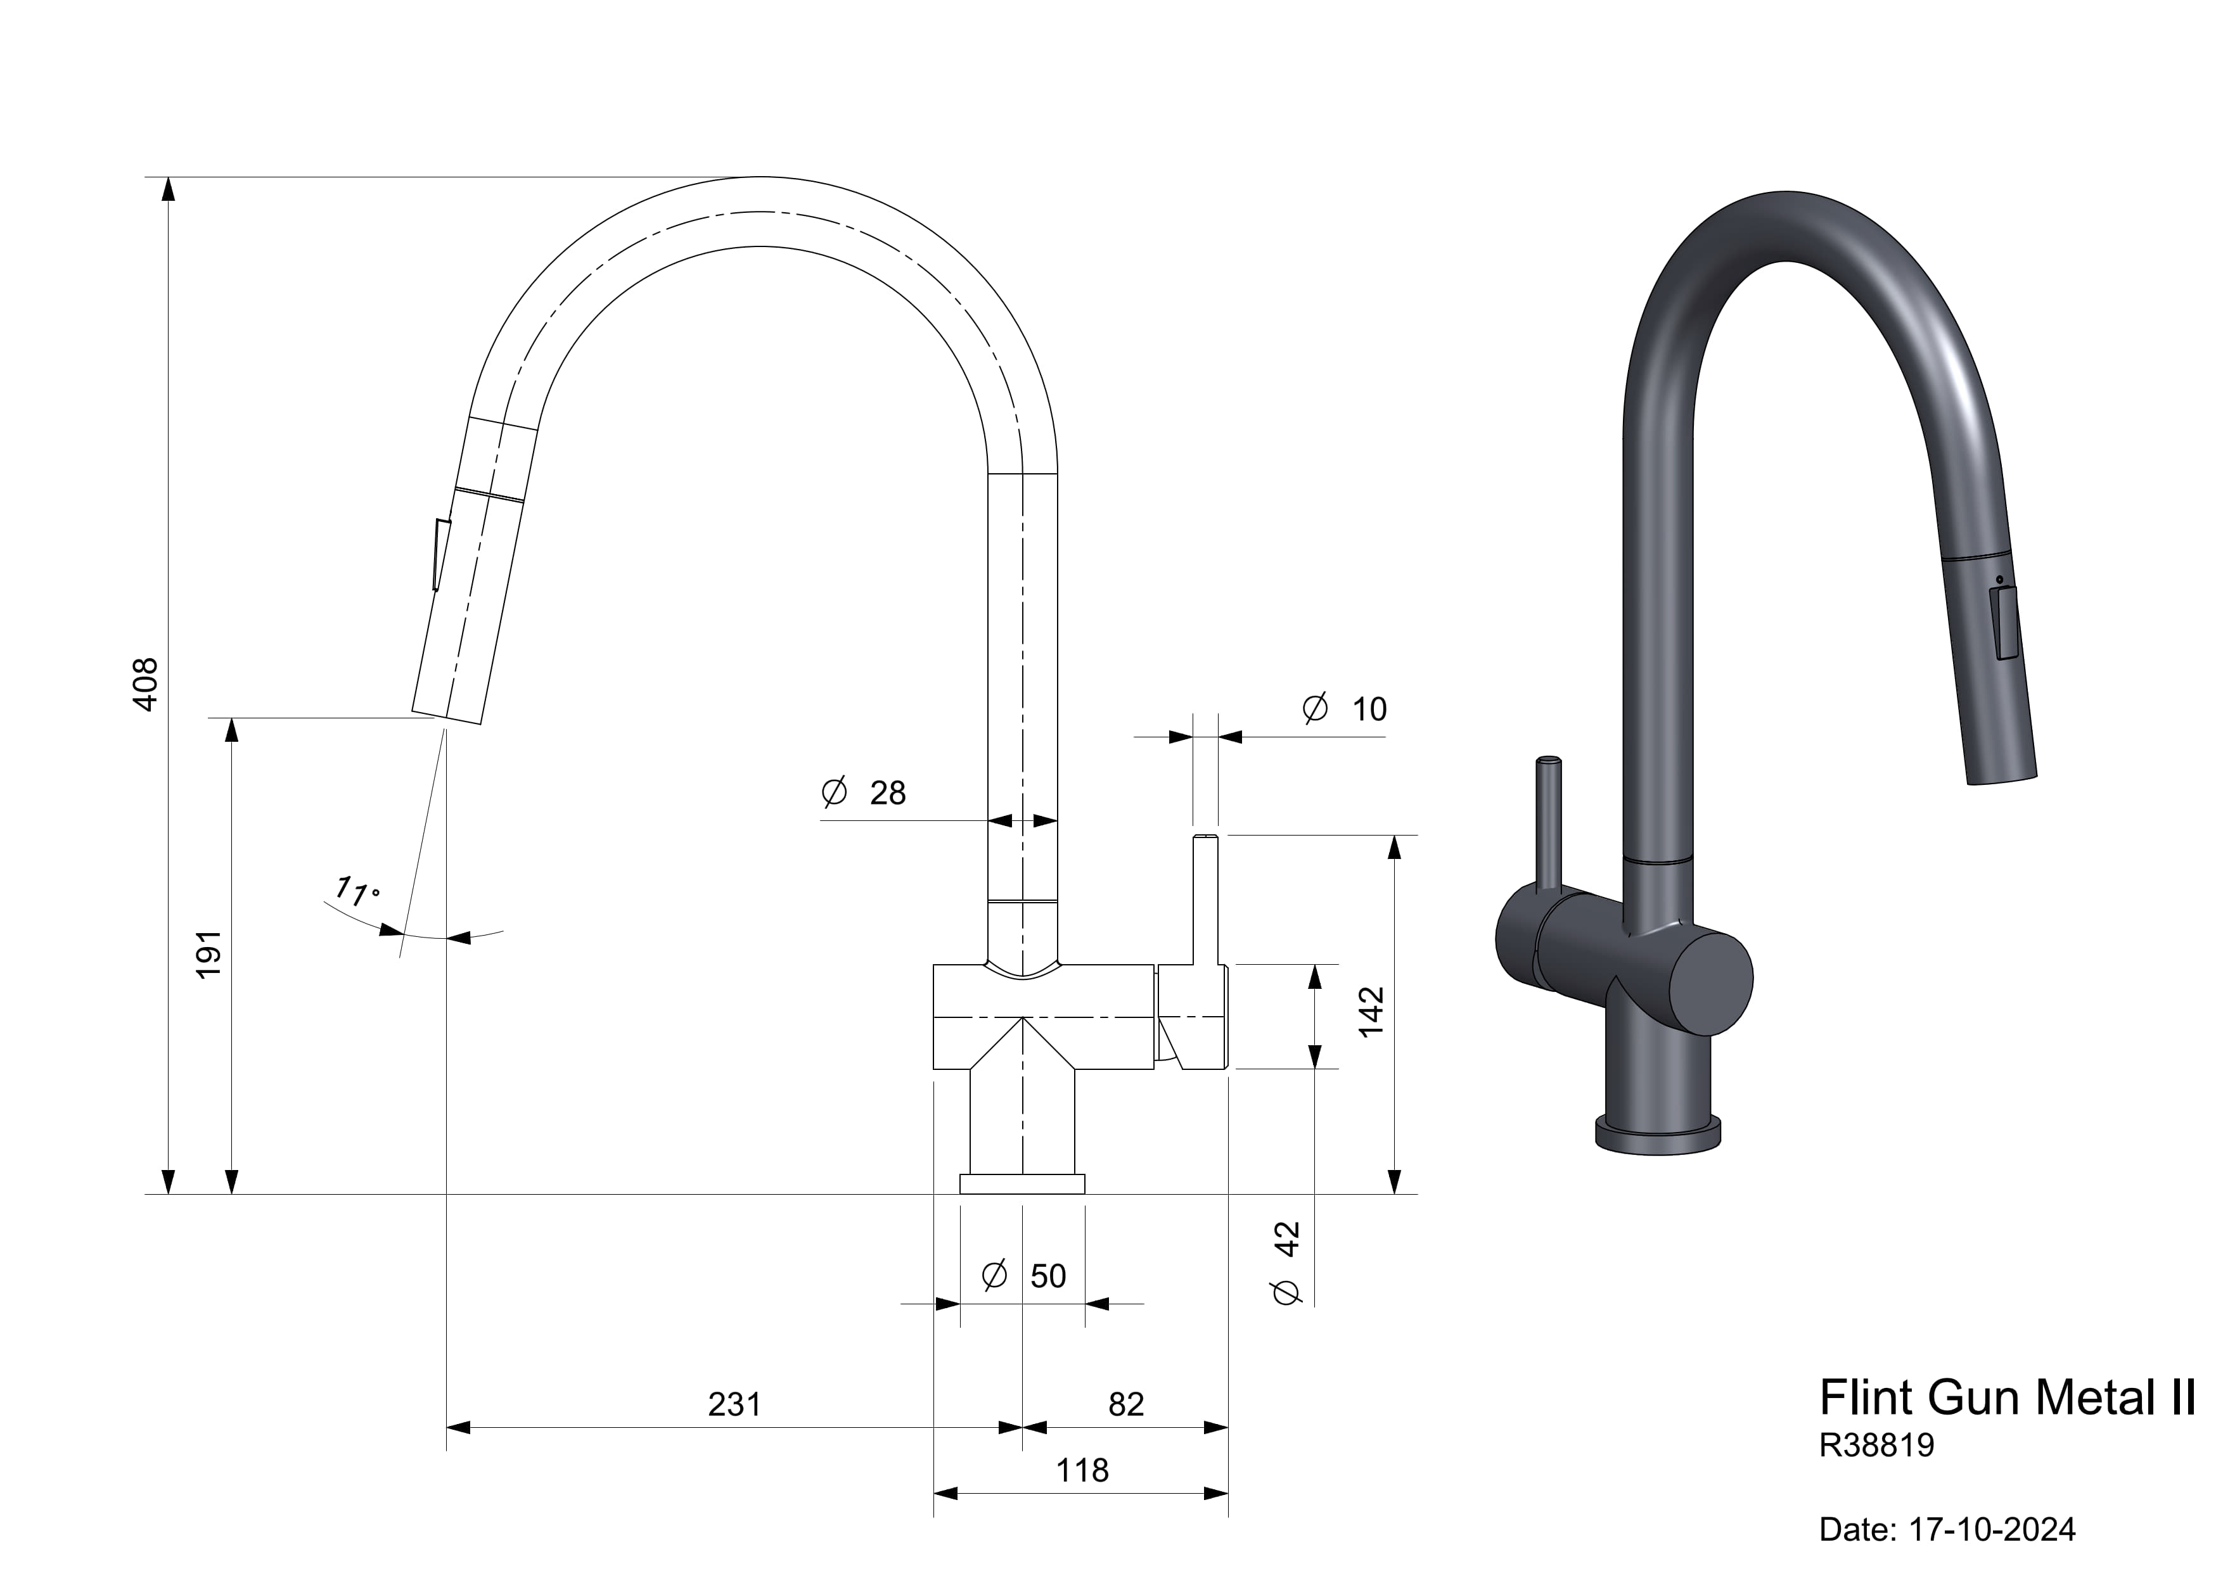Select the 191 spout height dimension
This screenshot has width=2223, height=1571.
point(209,955)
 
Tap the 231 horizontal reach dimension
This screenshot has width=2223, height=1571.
point(734,1404)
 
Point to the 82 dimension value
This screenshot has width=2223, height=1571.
point(1126,1404)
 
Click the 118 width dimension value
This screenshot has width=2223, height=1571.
point(1082,1470)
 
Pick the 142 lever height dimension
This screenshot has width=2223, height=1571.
point(1371,1012)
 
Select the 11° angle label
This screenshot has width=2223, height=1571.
point(357,891)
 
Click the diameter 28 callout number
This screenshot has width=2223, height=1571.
point(888,792)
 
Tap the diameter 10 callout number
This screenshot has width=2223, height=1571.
point(1369,709)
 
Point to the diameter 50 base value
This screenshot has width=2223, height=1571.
point(1047,1276)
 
